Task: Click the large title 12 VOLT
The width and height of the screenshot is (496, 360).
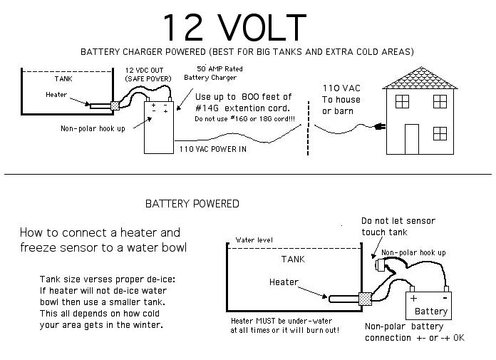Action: pos(234,27)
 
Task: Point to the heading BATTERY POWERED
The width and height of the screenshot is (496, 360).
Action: pos(192,204)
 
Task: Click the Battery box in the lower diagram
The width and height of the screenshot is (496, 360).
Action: pos(430,304)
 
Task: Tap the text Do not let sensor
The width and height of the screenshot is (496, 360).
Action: pos(398,221)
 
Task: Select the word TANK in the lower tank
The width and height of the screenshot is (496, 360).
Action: pos(292,259)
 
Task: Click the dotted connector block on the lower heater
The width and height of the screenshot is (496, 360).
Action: pos(366,299)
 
